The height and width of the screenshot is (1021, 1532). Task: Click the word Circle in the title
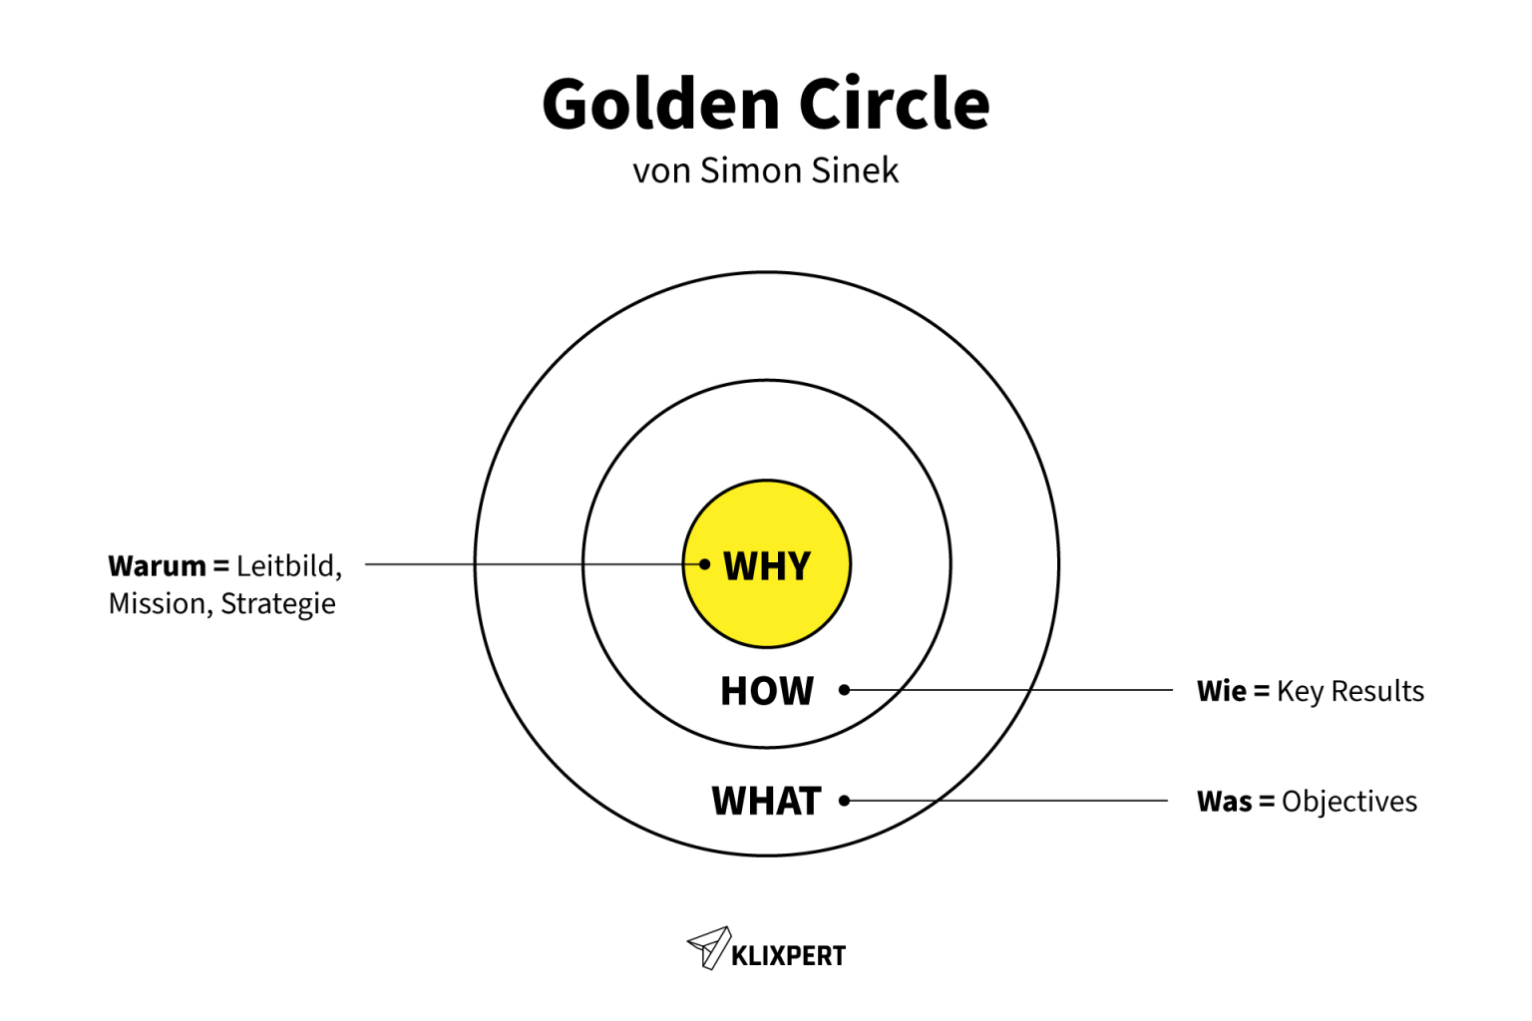click(894, 105)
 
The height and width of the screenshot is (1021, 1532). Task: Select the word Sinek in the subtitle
click(855, 170)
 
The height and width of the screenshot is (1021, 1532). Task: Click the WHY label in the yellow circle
click(767, 566)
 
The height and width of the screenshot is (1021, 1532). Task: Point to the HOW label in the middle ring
click(767, 691)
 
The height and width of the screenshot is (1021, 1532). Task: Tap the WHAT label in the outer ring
click(766, 801)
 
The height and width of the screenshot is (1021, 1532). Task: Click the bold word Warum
click(158, 566)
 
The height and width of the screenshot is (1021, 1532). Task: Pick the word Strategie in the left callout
click(278, 604)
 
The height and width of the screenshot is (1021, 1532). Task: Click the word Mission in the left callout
click(159, 604)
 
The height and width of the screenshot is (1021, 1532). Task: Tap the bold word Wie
click(1222, 691)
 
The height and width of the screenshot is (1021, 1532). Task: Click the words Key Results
click(1350, 691)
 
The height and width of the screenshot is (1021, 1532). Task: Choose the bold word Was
click(1224, 802)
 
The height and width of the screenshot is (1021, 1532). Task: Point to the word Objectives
click(1349, 802)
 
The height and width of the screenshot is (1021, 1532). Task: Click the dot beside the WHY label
click(705, 564)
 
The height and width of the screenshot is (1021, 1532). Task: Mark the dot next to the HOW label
click(845, 690)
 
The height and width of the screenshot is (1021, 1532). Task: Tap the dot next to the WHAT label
click(845, 801)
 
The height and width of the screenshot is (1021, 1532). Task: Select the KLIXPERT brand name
click(788, 956)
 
